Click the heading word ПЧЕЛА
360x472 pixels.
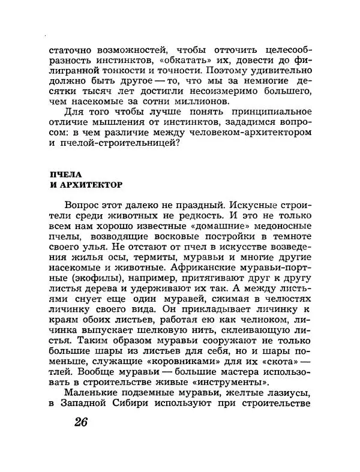(x=64, y=174)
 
